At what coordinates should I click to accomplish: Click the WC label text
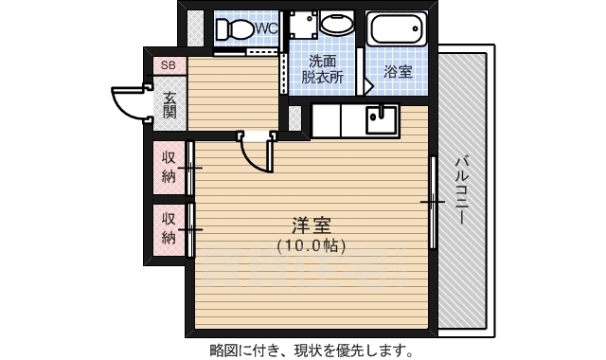266,28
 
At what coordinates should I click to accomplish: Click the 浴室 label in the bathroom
398,71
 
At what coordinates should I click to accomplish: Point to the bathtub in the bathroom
398,28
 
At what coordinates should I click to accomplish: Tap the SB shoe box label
168,65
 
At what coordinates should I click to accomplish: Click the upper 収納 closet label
169,166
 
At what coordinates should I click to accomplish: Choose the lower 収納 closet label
169,227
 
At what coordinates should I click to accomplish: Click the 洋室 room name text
311,225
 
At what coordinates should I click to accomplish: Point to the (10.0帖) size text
311,245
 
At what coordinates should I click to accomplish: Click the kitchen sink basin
383,119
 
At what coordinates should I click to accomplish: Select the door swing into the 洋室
256,152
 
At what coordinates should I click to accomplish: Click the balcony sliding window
433,201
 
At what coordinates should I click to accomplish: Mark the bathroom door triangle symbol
369,83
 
